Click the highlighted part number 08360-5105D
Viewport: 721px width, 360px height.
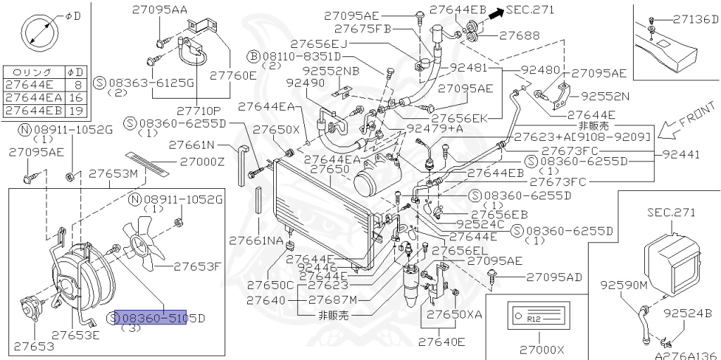pos(151,318)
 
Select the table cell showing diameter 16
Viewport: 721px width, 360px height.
pos(75,98)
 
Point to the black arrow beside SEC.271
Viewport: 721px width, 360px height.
pos(497,11)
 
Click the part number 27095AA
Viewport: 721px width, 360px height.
pos(159,9)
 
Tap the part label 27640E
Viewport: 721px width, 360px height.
pos(441,342)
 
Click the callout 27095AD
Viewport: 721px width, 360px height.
pos(555,277)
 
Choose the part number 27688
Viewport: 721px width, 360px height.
pos(519,34)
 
